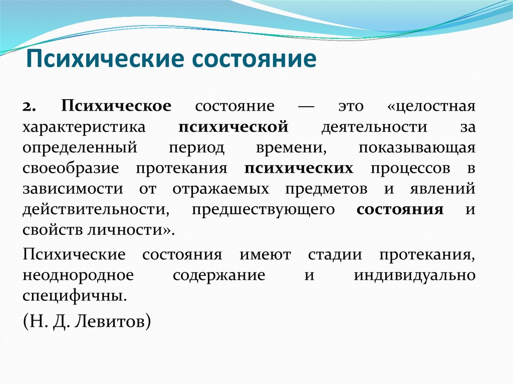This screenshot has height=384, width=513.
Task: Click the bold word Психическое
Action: point(117,106)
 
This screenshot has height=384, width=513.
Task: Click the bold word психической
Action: point(233,127)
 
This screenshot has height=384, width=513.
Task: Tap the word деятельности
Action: point(374,127)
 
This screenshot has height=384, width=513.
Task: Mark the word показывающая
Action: point(416,148)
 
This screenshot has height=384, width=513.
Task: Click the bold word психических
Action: point(299,169)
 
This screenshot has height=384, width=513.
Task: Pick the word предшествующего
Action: point(263,210)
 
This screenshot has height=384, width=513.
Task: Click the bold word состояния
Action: point(400,210)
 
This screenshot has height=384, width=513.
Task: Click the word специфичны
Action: point(73,295)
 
